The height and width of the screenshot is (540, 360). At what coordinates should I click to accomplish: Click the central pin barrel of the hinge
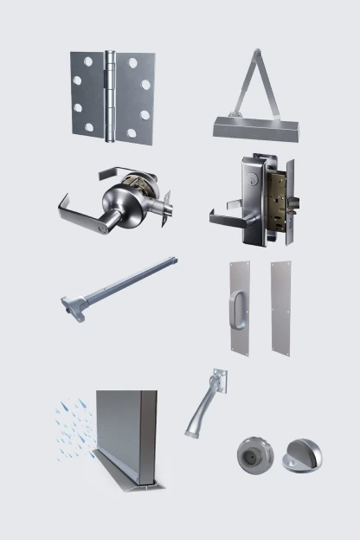coord(110,95)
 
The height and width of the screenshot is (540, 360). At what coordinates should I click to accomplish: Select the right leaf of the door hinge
coord(135,95)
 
